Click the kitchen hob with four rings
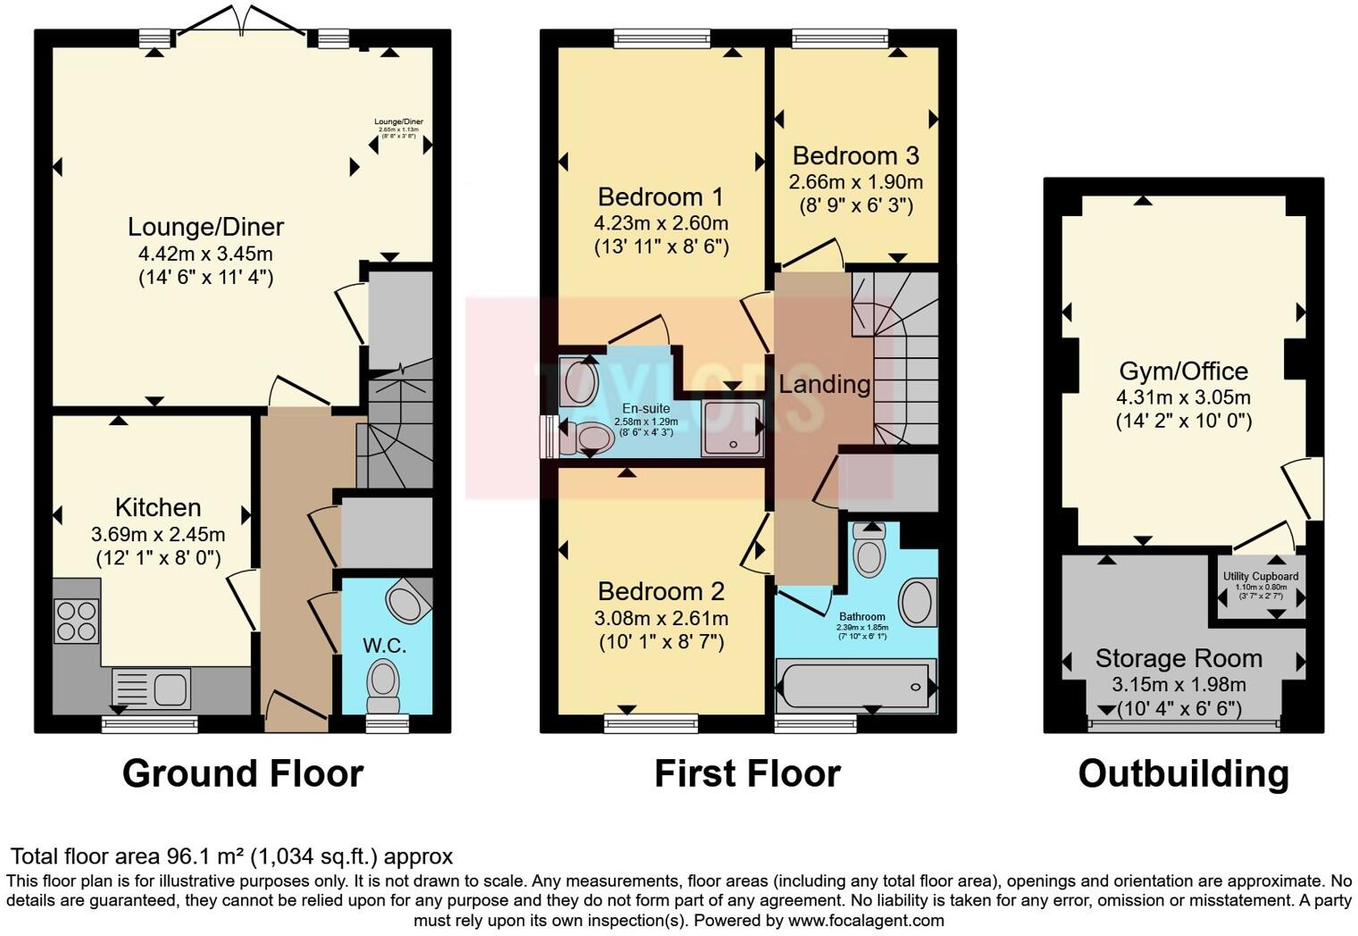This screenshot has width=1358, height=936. tap(77, 621)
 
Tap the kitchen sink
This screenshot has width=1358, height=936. tap(152, 689)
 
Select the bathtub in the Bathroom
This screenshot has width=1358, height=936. tap(856, 686)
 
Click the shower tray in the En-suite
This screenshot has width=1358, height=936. tap(733, 429)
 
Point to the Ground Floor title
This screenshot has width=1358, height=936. tap(242, 773)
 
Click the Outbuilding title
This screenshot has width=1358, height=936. tap(1183, 773)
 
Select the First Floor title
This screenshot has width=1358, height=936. tap(747, 773)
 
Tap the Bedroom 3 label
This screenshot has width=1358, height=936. tap(855, 155)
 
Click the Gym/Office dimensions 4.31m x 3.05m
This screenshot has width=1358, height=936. tap(1183, 397)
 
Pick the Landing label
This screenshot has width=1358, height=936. tap(824, 384)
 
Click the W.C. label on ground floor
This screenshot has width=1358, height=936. tap(384, 645)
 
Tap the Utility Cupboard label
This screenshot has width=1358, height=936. tap(1261, 577)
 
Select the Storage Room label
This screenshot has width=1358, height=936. tap(1178, 658)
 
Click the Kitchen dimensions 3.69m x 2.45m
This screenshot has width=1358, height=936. tap(158, 535)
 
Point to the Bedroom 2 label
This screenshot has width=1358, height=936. tap(660, 591)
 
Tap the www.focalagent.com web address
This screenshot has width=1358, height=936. tap(866, 920)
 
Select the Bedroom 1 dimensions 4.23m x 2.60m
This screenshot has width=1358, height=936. tap(660, 222)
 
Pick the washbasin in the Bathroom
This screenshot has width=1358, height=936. tap(916, 601)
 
